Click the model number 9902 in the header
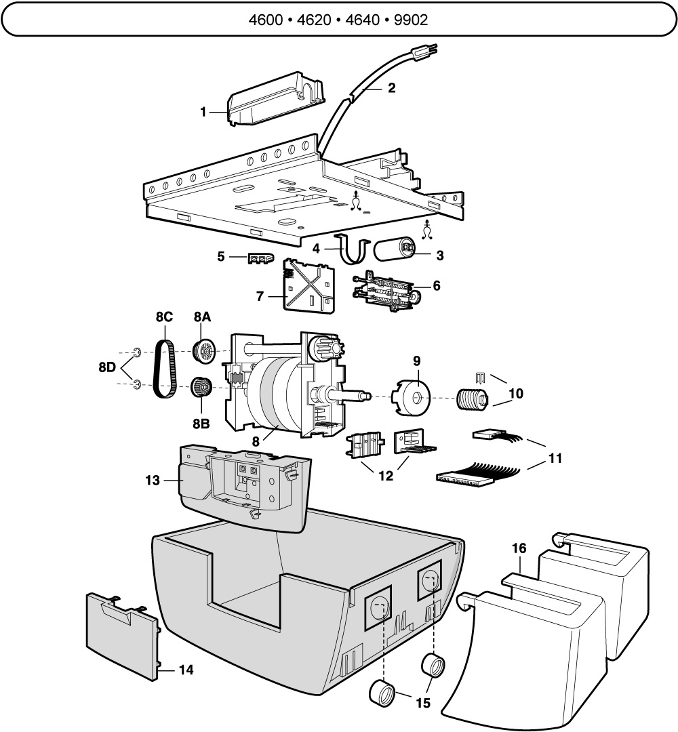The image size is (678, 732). pyautogui.click(x=411, y=20)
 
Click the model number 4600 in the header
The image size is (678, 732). pyautogui.click(x=266, y=20)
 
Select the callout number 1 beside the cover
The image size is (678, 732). pyautogui.click(x=203, y=112)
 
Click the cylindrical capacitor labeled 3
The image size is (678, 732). pyautogui.click(x=395, y=249)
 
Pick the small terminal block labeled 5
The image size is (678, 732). pyautogui.click(x=260, y=259)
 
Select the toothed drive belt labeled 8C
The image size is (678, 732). pyautogui.click(x=164, y=369)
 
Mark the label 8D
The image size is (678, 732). pyautogui.click(x=107, y=367)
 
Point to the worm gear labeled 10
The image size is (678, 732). pyautogui.click(x=473, y=401)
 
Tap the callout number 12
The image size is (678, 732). pyautogui.click(x=386, y=476)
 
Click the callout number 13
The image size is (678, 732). pyautogui.click(x=153, y=481)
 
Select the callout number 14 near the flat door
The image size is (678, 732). pyautogui.click(x=186, y=670)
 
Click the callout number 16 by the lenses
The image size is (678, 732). pyautogui.click(x=519, y=548)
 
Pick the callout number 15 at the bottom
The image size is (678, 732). pyautogui.click(x=423, y=703)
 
